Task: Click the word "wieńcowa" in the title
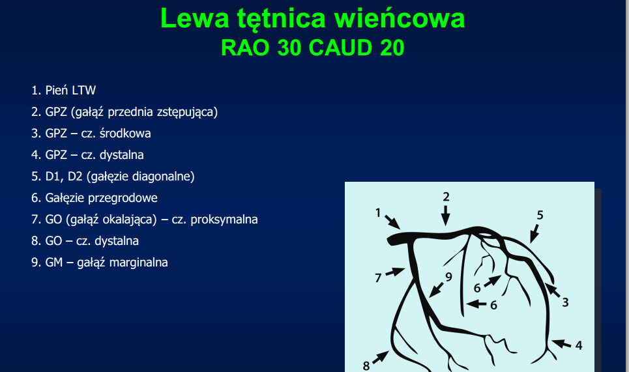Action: [x=400, y=18]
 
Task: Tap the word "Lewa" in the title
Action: [x=194, y=18]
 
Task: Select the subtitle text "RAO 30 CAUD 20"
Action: [x=312, y=48]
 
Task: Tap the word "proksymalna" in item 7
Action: [x=224, y=220]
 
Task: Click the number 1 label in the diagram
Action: [x=378, y=213]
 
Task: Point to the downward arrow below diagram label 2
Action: [x=445, y=216]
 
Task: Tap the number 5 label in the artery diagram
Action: [x=540, y=215]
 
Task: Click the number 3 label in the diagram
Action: [x=565, y=302]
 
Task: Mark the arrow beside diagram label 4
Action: [x=561, y=343]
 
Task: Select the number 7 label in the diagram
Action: [x=378, y=278]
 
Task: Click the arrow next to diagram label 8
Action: [x=381, y=357]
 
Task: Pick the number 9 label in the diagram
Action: [x=448, y=277]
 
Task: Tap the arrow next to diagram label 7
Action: [x=395, y=272]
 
